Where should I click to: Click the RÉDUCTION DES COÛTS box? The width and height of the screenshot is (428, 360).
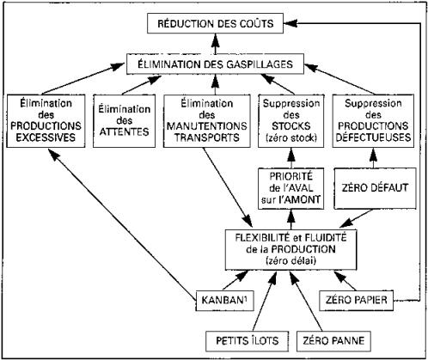[x=215, y=23]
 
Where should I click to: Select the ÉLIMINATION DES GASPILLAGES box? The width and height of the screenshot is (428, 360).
[x=215, y=64]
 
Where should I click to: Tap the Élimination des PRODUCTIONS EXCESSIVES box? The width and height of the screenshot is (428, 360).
[x=46, y=121]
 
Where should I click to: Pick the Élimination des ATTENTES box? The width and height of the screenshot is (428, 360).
[x=124, y=121]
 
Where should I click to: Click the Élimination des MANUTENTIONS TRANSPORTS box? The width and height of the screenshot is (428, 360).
[x=207, y=121]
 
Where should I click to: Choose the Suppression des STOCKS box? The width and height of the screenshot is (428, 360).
[x=291, y=121]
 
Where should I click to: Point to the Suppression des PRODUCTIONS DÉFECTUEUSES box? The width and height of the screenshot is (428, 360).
[x=373, y=121]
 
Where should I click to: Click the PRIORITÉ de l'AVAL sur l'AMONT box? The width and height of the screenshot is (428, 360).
[x=291, y=188]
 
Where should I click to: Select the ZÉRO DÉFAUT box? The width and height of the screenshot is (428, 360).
[x=375, y=188]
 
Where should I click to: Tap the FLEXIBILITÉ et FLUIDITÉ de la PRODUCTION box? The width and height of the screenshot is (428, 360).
[x=290, y=249]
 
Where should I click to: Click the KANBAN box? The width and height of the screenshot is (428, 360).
[x=225, y=301]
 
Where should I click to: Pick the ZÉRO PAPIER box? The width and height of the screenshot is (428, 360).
[x=356, y=301]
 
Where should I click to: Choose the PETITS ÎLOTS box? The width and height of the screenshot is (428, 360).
[x=247, y=341]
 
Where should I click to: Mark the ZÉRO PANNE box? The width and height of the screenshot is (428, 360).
[x=333, y=341]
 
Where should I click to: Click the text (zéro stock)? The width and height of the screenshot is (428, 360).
[x=291, y=138]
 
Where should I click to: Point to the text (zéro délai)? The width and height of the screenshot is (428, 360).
[x=290, y=261]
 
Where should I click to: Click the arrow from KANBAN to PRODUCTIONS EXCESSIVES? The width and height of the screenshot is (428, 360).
[x=123, y=225]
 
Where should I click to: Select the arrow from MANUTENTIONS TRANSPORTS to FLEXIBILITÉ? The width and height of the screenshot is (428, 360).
[x=227, y=187]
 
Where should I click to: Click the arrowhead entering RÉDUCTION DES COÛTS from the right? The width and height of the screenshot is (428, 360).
[x=290, y=24]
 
